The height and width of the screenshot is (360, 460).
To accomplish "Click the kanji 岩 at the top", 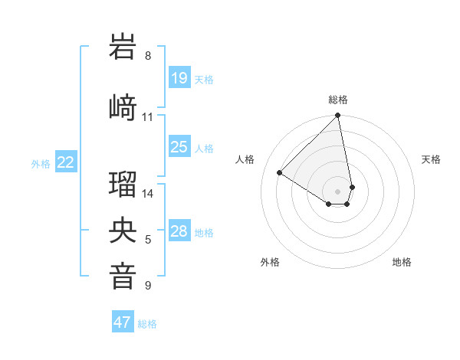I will [123, 47].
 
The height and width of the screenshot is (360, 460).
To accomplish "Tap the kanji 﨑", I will [123, 106].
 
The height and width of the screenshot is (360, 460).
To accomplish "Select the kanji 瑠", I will [123, 184].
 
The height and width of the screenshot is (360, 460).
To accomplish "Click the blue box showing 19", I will [179, 78].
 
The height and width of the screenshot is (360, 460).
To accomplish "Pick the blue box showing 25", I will [179, 147].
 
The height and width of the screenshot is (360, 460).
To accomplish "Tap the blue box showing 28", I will [179, 231].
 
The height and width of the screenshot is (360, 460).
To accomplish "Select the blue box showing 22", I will [66, 162].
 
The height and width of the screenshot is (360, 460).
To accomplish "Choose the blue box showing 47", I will [123, 322].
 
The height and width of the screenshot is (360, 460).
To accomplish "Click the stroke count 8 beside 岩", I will [148, 56].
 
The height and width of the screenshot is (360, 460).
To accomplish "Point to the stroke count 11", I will [148, 117].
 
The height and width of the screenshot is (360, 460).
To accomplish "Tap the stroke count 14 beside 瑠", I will [148, 194].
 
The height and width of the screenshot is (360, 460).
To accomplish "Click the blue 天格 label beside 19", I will [204, 79].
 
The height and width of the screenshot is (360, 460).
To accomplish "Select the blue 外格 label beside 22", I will [41, 163].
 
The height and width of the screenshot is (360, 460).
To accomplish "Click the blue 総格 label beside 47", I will [147, 324].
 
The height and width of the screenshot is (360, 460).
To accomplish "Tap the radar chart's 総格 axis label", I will [338, 100].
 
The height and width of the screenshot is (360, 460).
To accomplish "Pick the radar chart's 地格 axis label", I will [402, 262].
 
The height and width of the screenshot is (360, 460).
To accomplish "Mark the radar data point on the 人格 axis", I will [280, 173].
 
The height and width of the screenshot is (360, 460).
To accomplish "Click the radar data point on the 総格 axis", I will [338, 116].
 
